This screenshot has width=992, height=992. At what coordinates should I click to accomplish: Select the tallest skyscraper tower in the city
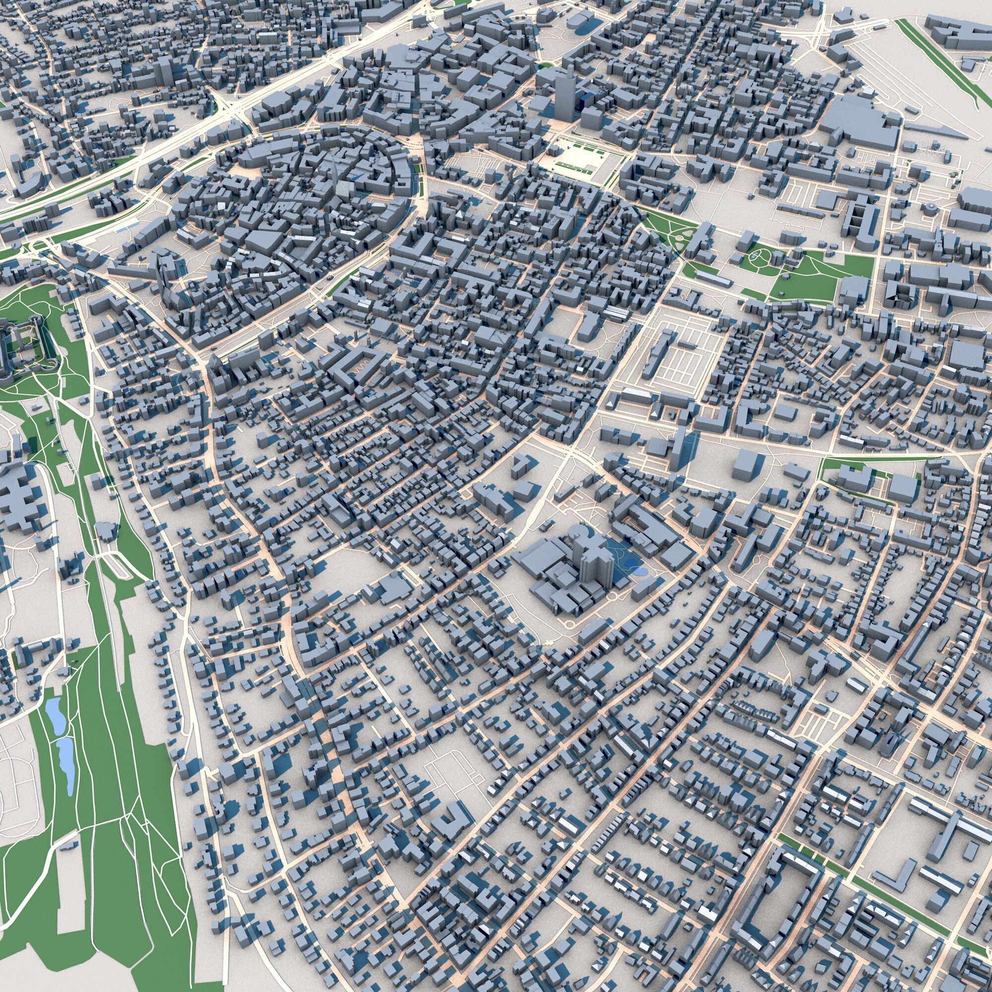(x=563, y=97)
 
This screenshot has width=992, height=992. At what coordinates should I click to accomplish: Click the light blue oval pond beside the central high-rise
(x=638, y=570)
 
